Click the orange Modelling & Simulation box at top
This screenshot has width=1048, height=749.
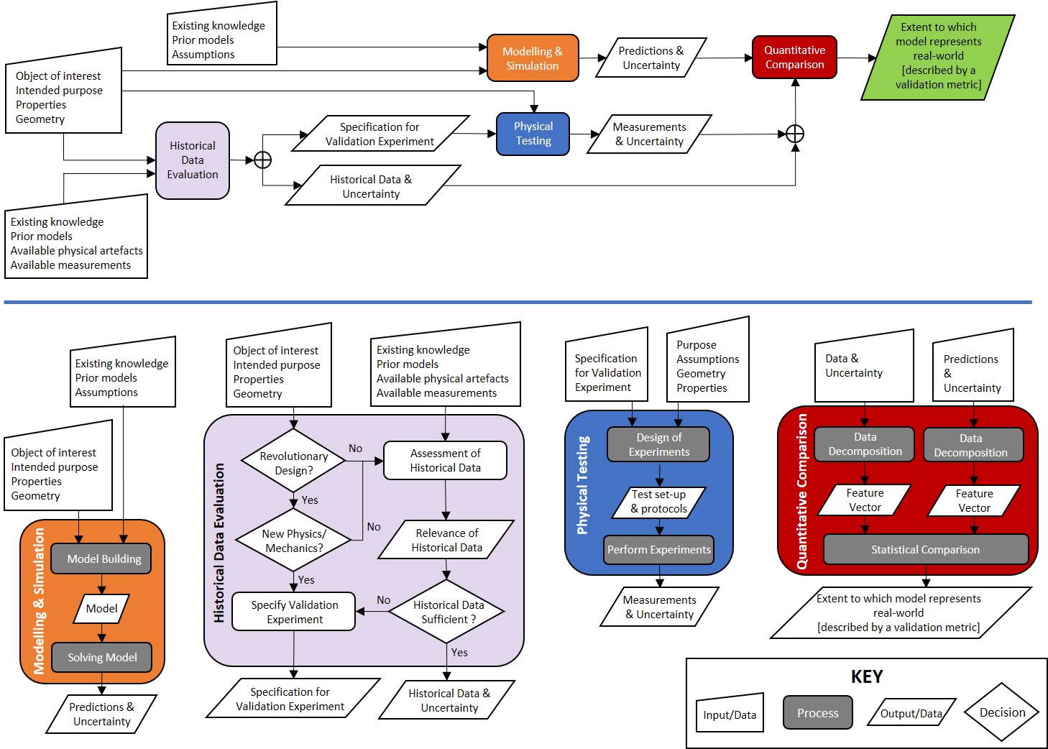pyautogui.click(x=532, y=58)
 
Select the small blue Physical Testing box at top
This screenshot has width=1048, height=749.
pyautogui.click(x=533, y=134)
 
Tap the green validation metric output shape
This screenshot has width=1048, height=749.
pyautogui.click(x=938, y=56)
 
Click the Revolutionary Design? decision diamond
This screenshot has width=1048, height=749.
pyautogui.click(x=293, y=463)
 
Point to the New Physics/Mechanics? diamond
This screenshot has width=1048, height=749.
pyautogui.click(x=293, y=541)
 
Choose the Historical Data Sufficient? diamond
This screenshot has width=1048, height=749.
pyautogui.click(x=447, y=612)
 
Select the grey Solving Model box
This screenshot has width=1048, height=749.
pyautogui.click(x=101, y=657)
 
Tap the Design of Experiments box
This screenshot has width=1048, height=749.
pyautogui.click(x=658, y=444)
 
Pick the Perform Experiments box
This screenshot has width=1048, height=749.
pyautogui.click(x=658, y=549)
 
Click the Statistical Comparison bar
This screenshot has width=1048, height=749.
pyautogui.click(x=925, y=549)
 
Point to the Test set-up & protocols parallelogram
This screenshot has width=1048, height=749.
pyautogui.click(x=658, y=502)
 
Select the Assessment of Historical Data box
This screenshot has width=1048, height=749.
pyautogui.click(x=445, y=460)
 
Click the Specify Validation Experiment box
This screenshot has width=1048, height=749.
pyautogui.click(x=294, y=612)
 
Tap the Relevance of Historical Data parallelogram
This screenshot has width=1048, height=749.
pyautogui.click(x=446, y=540)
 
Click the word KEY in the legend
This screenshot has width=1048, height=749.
pyautogui.click(x=867, y=676)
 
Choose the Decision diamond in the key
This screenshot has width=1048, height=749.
pyautogui.click(x=1002, y=712)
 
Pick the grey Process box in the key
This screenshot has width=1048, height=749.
pyautogui.click(x=817, y=713)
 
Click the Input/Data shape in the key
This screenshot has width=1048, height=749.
pyautogui.click(x=729, y=714)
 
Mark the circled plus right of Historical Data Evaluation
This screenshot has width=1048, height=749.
pyautogui.click(x=263, y=160)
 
